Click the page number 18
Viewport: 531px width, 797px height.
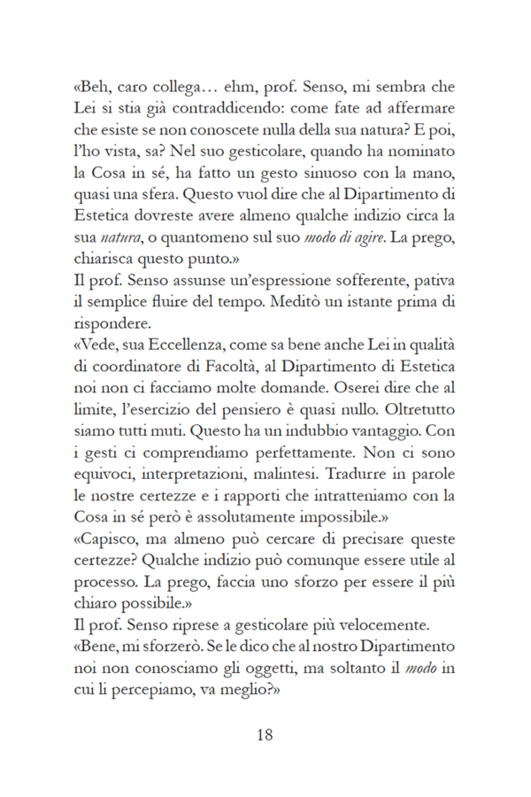tap(265, 734)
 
